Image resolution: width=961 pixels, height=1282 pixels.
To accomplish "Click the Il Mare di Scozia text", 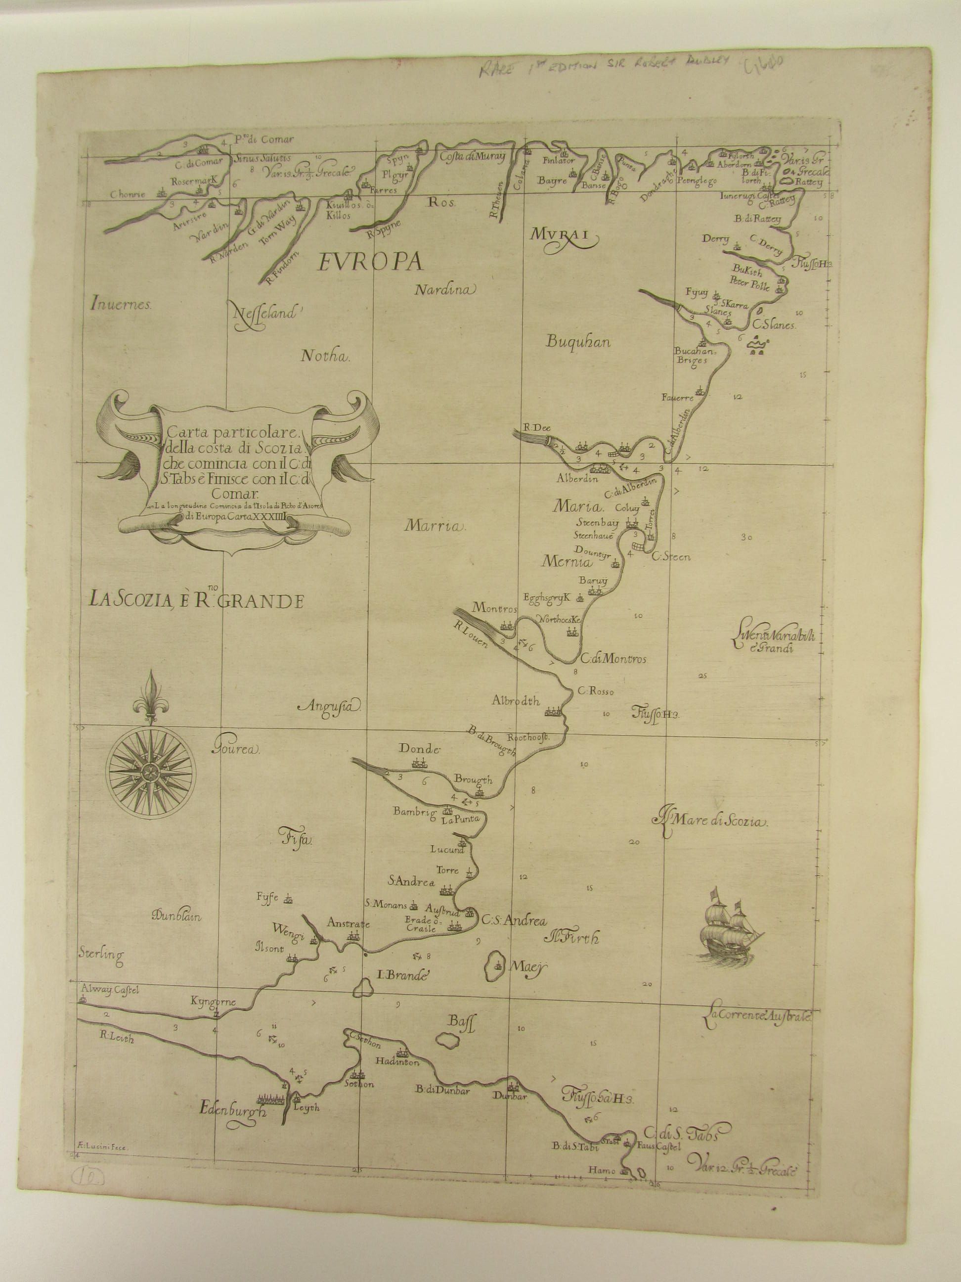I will coord(711,821).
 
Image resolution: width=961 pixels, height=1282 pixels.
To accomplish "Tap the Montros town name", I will coord(494,608).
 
